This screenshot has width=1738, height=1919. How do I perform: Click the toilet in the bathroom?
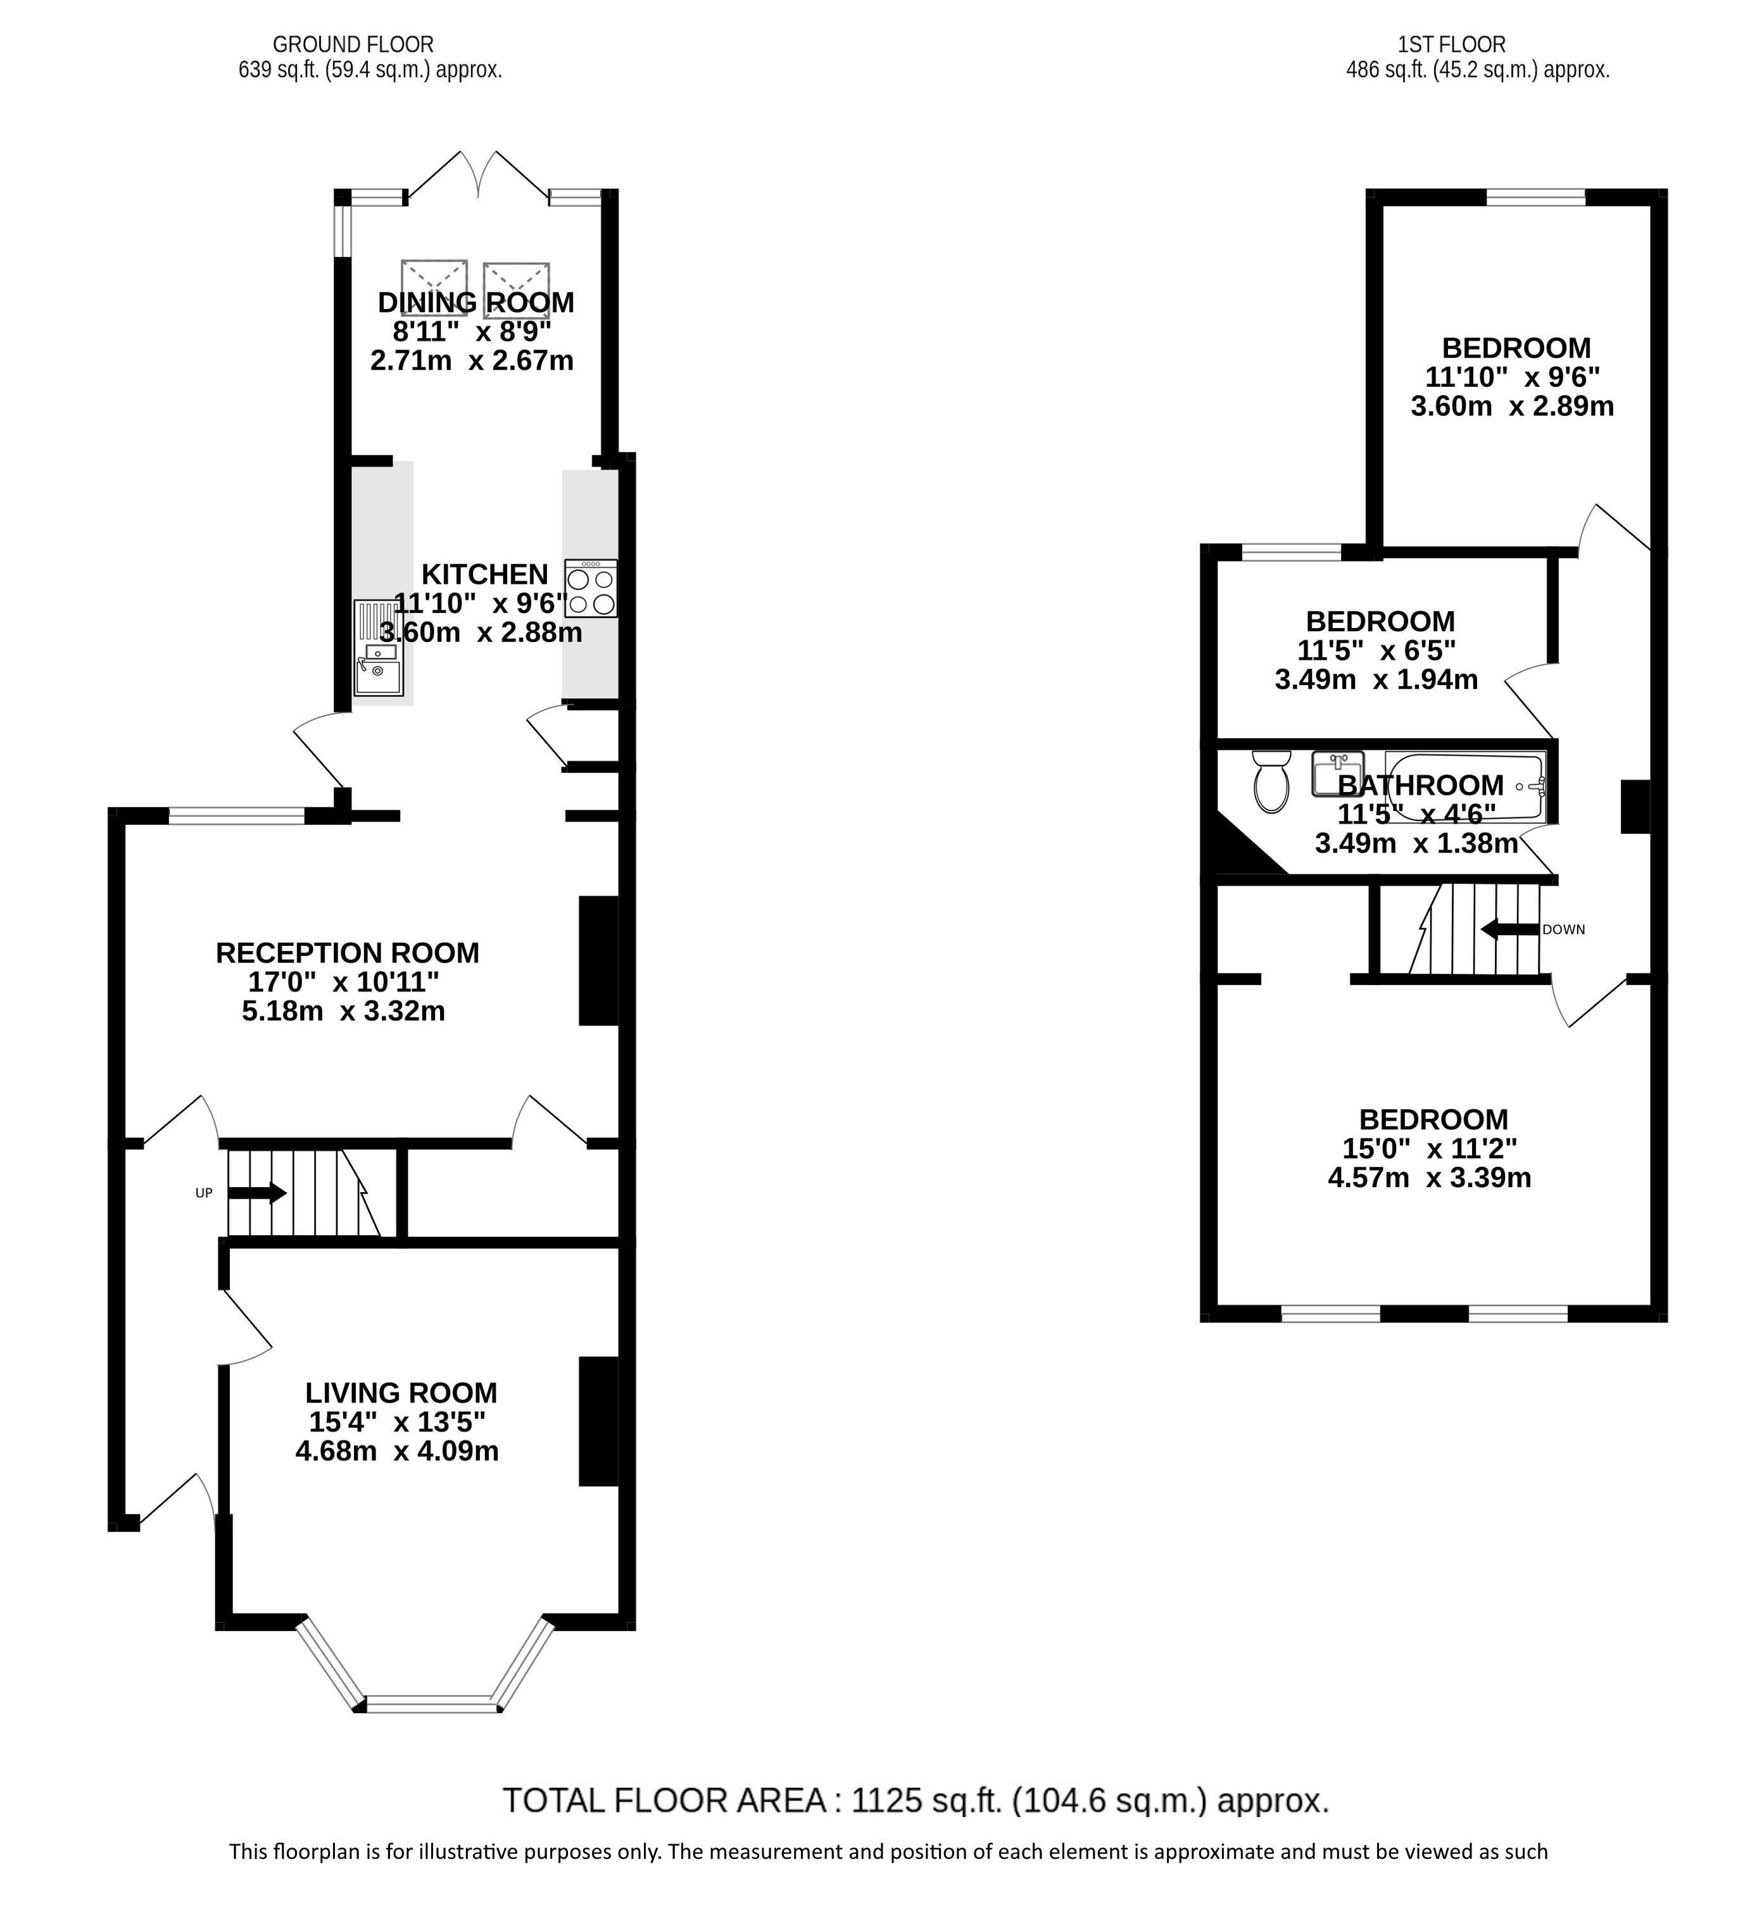pos(1271,781)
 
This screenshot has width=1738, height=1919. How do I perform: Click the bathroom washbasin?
pos(1338,773)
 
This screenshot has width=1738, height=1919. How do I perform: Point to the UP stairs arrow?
pos(257,1193)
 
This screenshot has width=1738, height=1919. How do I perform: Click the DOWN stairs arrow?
pos(1509,929)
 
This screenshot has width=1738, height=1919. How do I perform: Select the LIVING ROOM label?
pos(401,1393)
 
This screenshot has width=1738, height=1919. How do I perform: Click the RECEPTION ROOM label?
pos(348,953)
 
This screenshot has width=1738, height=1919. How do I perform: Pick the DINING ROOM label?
pos(476,303)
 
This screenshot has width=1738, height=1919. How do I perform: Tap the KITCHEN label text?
pos(484,575)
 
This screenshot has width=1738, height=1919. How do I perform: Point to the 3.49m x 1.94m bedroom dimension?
pos(1376,679)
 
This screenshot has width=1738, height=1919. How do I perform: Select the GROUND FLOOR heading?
pos(353,44)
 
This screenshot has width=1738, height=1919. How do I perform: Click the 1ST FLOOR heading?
pos(1452,44)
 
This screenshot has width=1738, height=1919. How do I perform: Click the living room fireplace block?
pos(599,1420)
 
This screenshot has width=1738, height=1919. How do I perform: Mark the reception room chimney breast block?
pos(599,960)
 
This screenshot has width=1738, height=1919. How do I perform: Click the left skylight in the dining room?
pos(434,289)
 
